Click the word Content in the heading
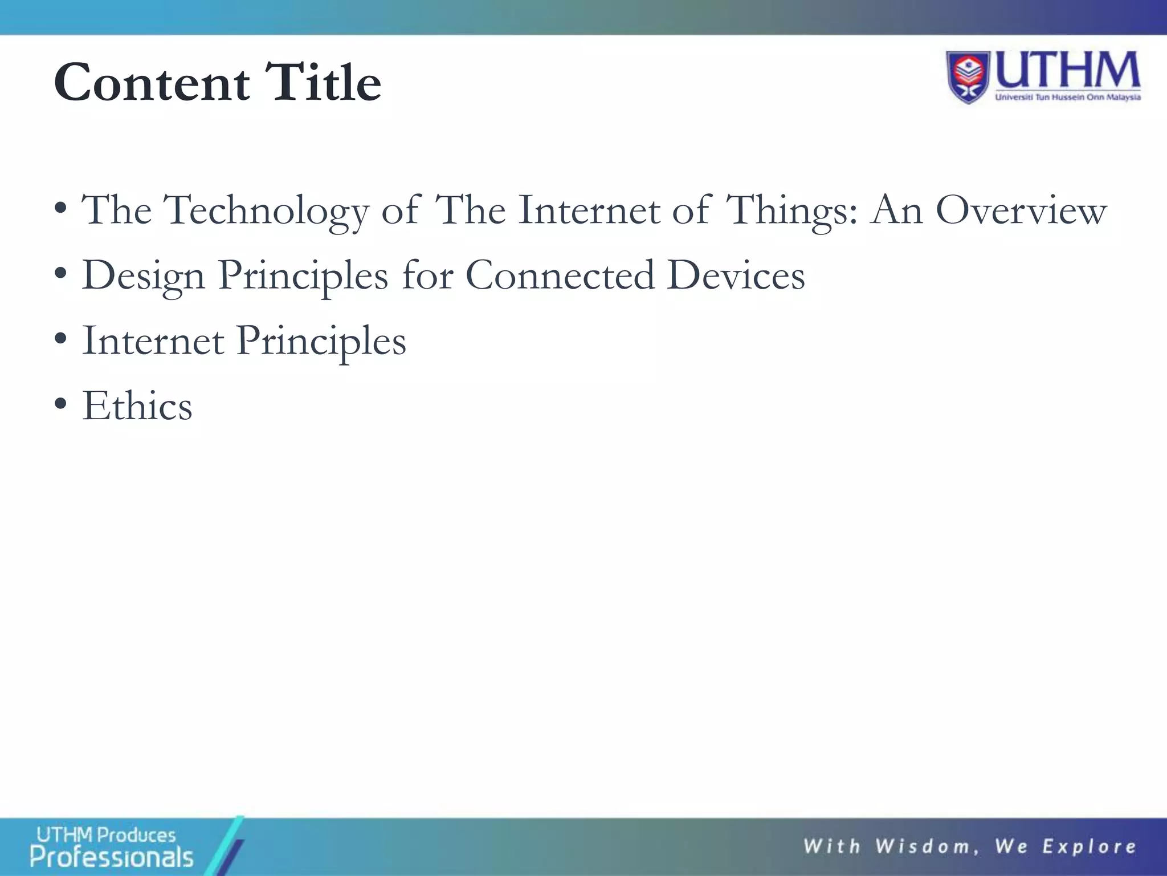[x=152, y=83]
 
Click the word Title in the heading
[x=323, y=83]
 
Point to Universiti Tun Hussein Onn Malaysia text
[x=1068, y=98]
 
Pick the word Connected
[x=560, y=275]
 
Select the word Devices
[x=736, y=275]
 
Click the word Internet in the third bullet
[x=153, y=341]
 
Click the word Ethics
[x=137, y=406]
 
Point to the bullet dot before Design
[x=60, y=274]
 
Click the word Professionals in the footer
[x=112, y=857]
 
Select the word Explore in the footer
[x=1090, y=847]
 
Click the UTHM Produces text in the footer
[x=106, y=835]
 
